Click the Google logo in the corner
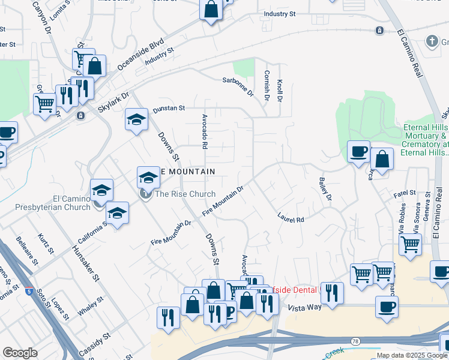(20, 353)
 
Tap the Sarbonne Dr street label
(238, 88)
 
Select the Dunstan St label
(169, 108)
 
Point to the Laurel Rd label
(291, 218)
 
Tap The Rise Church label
(185, 194)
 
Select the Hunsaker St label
(85, 263)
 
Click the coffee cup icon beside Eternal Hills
(358, 151)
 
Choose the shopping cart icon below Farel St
(410, 244)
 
